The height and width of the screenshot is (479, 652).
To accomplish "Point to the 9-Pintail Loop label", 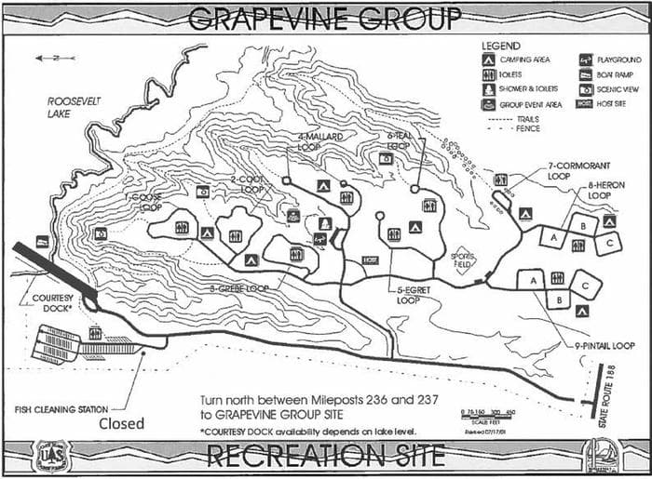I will pos(604,346).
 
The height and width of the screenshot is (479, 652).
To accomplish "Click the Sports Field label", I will pos(462,258).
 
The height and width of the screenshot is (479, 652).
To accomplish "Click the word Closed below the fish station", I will pos(122,423).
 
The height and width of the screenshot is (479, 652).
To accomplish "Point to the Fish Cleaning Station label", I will pos(61,407).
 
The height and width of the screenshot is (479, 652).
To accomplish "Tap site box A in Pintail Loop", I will pos(532,279).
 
